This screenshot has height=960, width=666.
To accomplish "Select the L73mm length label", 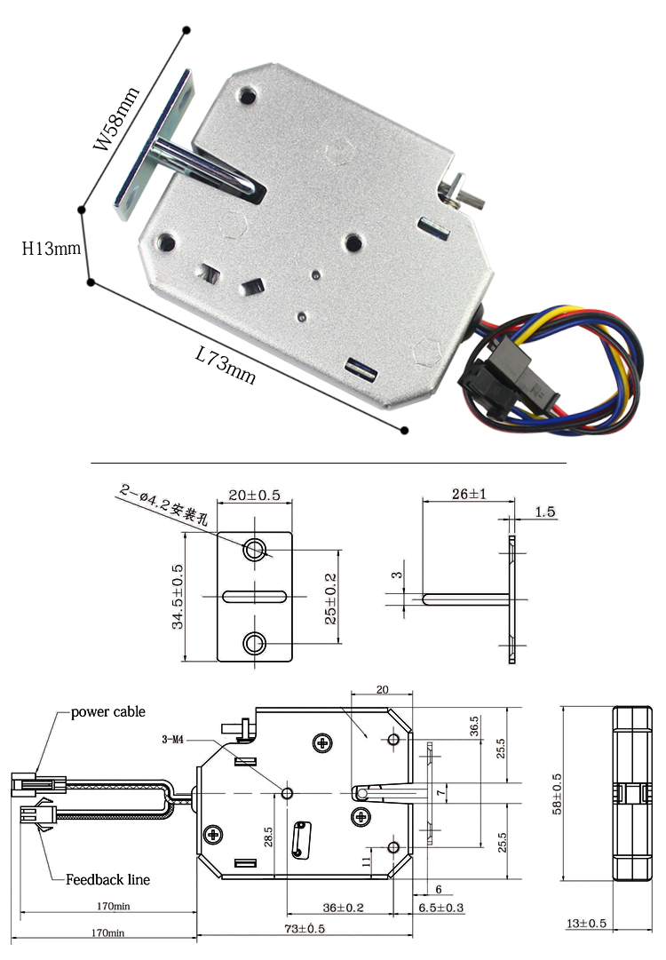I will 225,365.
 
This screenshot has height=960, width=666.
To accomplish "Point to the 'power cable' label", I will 107,712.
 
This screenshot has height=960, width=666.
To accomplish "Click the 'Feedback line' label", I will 107,879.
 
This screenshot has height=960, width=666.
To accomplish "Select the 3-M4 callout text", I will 175,739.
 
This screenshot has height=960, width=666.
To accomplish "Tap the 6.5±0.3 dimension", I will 440,907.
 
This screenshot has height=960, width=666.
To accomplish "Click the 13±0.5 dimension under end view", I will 586,924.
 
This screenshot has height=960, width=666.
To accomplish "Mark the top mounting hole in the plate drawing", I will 255,550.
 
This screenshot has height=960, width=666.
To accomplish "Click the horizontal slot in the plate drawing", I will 254,596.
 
